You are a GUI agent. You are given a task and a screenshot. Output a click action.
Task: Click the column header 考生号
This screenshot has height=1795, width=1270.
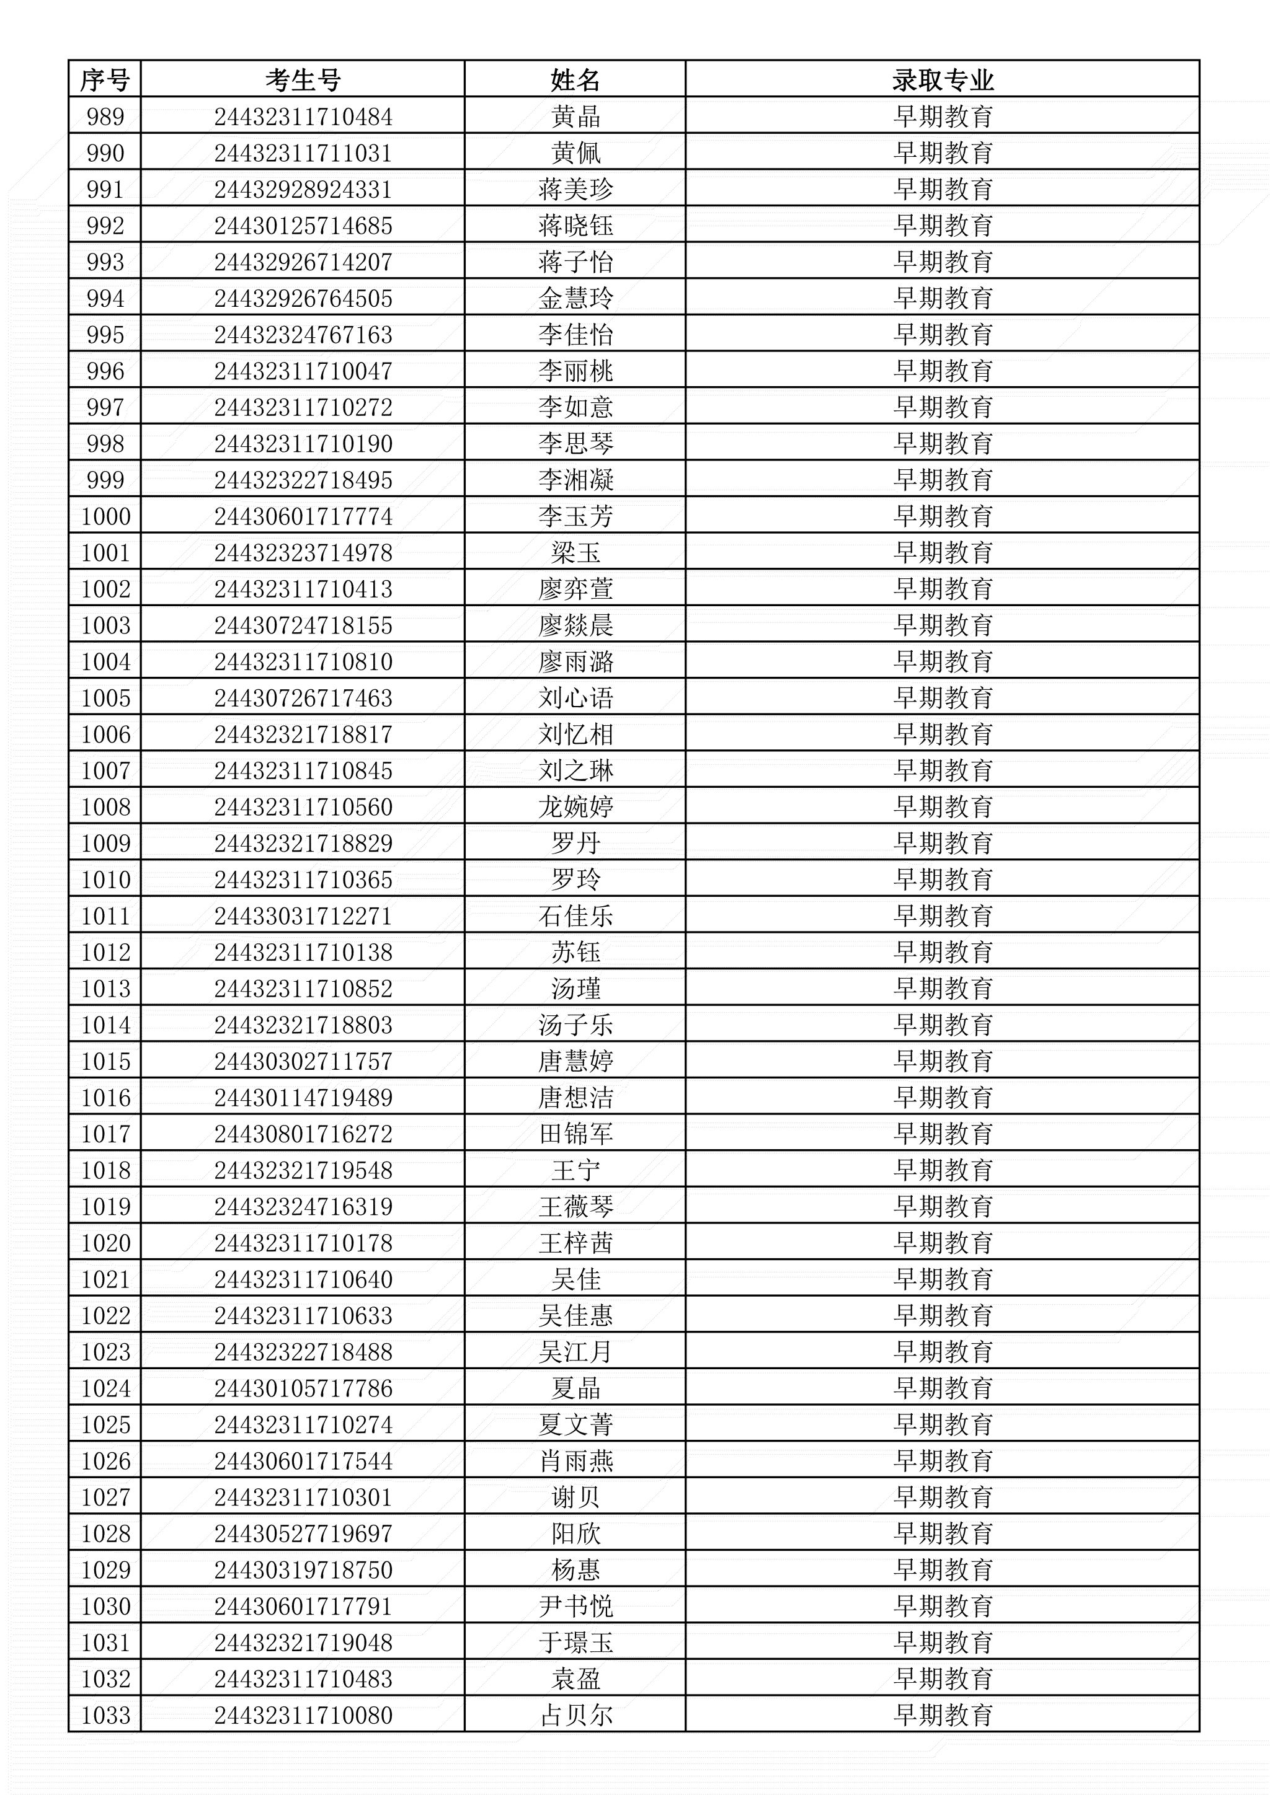pyautogui.click(x=303, y=80)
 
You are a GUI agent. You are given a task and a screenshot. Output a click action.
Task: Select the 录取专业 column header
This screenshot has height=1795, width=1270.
pyautogui.click(x=943, y=80)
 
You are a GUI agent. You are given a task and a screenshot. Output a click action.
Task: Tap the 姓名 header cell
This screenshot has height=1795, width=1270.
pyautogui.click(x=575, y=80)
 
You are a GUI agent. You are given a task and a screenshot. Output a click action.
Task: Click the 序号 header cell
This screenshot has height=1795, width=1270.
pyautogui.click(x=105, y=80)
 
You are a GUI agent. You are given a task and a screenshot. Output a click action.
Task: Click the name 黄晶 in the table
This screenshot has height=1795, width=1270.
pyautogui.click(x=575, y=117)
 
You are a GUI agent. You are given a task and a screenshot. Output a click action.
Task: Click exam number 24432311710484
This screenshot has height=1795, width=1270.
pyautogui.click(x=303, y=117)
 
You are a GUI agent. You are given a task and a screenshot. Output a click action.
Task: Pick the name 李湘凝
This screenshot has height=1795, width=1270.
pyautogui.click(x=575, y=480)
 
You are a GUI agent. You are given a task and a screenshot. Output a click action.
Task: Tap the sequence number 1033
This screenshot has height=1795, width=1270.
pyautogui.click(x=105, y=1715)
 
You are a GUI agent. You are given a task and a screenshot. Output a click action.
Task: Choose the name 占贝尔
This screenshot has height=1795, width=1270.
pyautogui.click(x=575, y=1715)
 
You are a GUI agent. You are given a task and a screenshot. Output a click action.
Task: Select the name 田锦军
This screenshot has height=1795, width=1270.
pyautogui.click(x=575, y=1134)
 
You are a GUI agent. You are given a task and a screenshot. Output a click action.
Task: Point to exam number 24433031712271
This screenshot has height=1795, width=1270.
pyautogui.click(x=303, y=916)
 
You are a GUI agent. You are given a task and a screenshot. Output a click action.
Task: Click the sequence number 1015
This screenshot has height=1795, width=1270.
pyautogui.click(x=105, y=1062)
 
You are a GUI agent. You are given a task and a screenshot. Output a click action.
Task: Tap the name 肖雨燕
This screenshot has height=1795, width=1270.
pyautogui.click(x=575, y=1461)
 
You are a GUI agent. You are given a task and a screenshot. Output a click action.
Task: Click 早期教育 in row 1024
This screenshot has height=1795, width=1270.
pyautogui.click(x=943, y=1388)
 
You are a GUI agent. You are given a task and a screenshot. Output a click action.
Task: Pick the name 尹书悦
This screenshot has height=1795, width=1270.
pyautogui.click(x=575, y=1607)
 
